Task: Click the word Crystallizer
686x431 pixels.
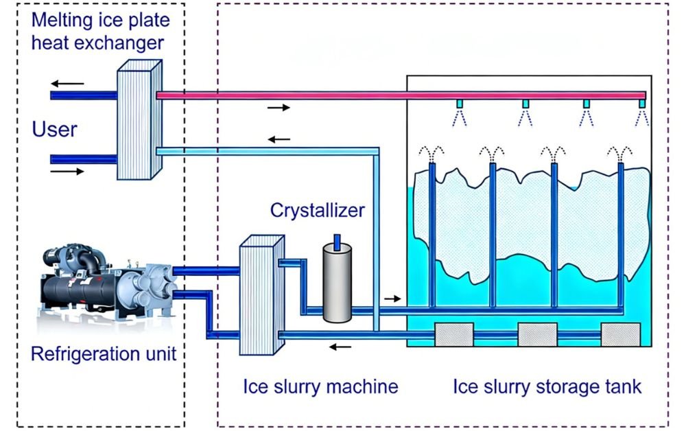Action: (x=318, y=210)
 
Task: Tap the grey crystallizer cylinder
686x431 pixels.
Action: (x=336, y=282)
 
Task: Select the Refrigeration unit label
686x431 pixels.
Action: (x=104, y=354)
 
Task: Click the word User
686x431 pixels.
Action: (x=55, y=129)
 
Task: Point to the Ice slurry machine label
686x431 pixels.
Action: (x=320, y=386)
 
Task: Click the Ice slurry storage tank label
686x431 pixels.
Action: (x=547, y=386)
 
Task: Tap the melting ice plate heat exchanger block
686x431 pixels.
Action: (x=138, y=121)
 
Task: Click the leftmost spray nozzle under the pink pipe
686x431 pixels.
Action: (x=460, y=104)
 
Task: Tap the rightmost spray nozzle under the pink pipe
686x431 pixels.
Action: (x=642, y=104)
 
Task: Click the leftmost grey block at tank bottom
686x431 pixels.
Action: (x=454, y=335)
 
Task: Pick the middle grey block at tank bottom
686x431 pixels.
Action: (x=537, y=335)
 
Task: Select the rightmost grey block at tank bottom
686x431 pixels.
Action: (x=620, y=335)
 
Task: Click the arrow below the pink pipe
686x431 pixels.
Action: (x=279, y=108)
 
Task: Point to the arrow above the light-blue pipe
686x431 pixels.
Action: (x=279, y=139)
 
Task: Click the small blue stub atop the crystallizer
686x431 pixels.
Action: (x=336, y=241)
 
